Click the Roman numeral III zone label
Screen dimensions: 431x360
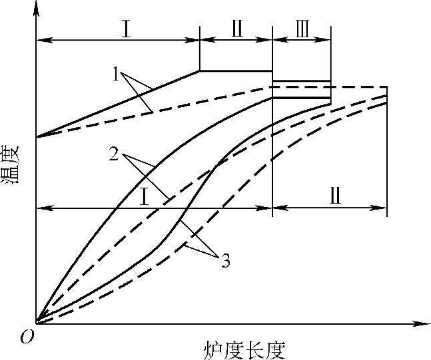[x=302, y=30]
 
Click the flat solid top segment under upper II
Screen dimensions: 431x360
[x=236, y=71]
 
